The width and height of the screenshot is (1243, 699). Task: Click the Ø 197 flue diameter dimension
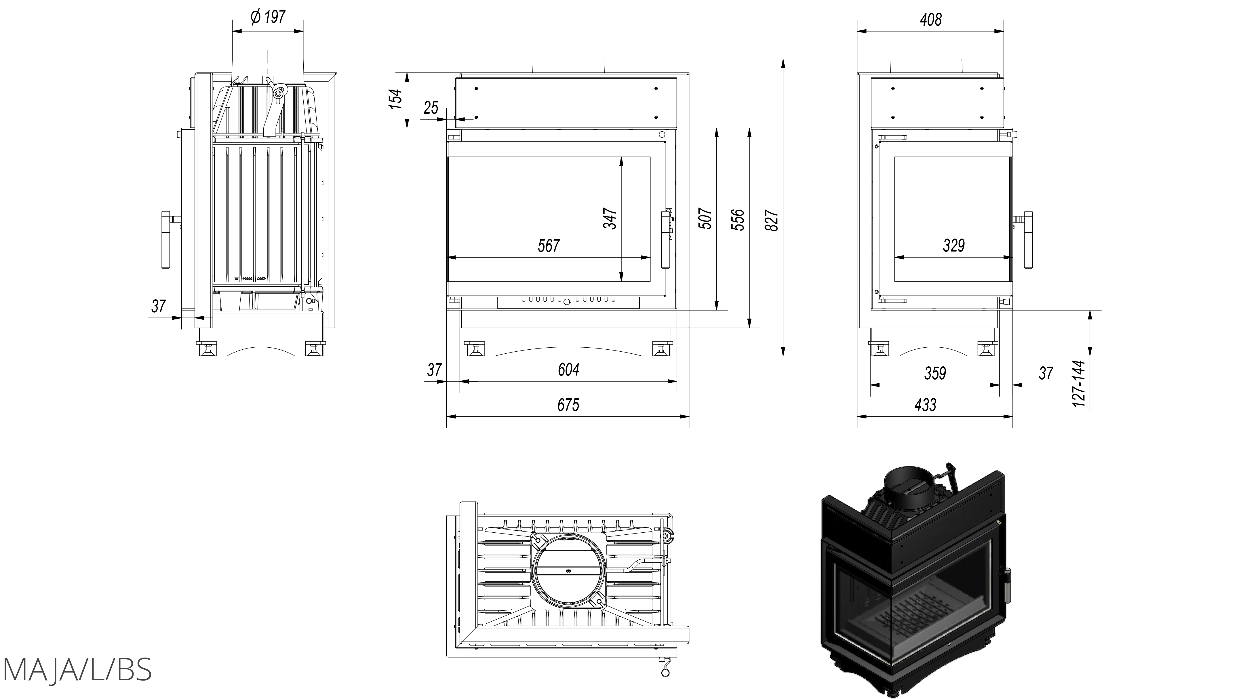click(x=268, y=17)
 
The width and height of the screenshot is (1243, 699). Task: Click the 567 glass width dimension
click(x=549, y=246)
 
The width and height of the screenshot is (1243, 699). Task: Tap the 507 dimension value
click(x=705, y=218)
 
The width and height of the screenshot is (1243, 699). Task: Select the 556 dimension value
click(x=738, y=220)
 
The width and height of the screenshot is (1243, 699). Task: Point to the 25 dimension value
click(x=431, y=108)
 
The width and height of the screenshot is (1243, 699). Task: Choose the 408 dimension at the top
click(x=930, y=20)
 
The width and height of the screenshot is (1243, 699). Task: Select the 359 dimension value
click(x=935, y=373)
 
